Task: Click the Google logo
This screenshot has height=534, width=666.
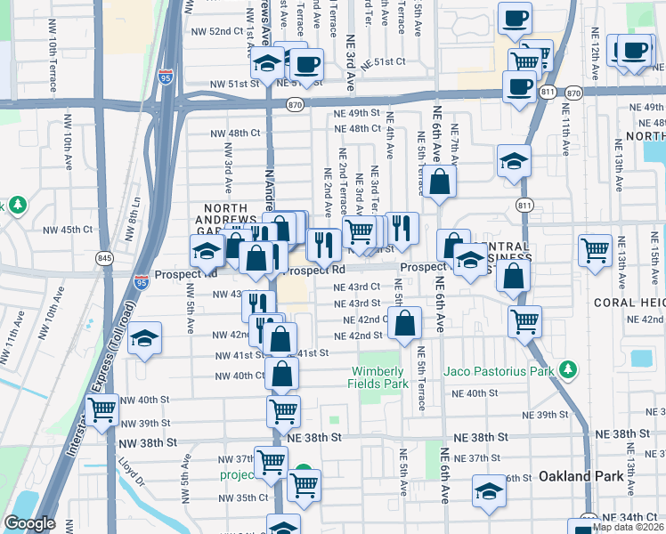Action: coord(29,523)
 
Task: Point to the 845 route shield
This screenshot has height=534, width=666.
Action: coord(105,258)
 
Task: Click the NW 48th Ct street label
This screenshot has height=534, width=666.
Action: coord(235,133)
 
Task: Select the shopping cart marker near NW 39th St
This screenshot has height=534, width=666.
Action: coord(102,410)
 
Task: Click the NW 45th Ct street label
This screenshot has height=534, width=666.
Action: coord(69,230)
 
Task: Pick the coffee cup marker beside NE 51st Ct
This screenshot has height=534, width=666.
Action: coord(307,64)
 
